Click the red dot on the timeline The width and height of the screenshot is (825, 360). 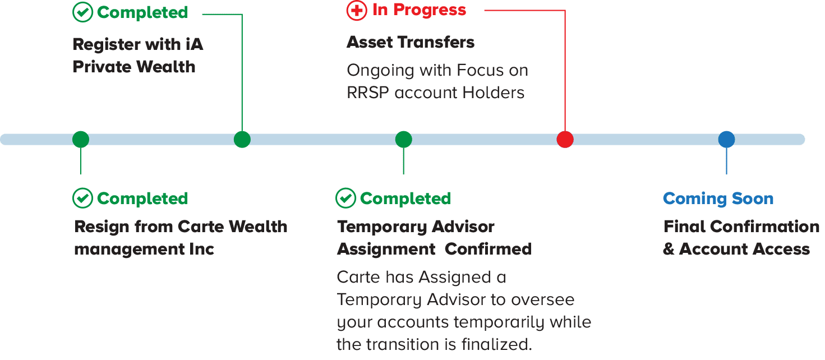[565, 140]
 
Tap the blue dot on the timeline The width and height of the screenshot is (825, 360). [726, 140]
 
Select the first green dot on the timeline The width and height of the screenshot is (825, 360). [81, 140]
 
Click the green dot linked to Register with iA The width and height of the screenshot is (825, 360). [242, 140]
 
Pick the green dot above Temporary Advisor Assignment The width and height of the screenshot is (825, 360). [404, 140]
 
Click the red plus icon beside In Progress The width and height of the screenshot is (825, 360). [357, 11]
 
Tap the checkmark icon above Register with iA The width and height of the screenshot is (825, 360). [82, 12]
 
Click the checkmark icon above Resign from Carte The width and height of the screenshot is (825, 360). [82, 198]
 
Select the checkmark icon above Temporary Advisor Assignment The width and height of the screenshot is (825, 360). [345, 198]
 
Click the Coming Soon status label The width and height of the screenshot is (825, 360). [718, 199]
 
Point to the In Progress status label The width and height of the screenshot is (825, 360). [419, 10]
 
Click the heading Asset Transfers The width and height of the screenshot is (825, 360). [411, 42]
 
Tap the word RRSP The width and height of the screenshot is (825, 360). [367, 93]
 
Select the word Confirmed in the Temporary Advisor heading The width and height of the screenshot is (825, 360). [488, 249]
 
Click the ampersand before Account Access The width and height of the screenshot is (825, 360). [669, 249]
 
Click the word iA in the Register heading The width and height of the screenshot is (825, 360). [194, 44]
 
